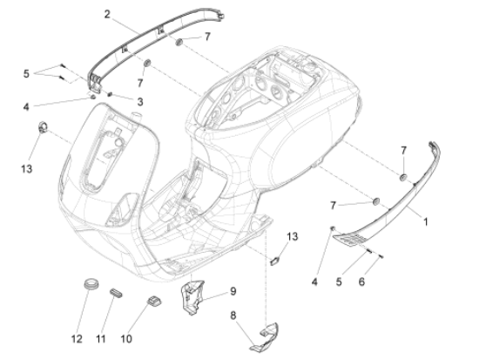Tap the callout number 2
click(107, 15)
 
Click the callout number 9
click(233, 290)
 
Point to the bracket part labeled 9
click(194, 295)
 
